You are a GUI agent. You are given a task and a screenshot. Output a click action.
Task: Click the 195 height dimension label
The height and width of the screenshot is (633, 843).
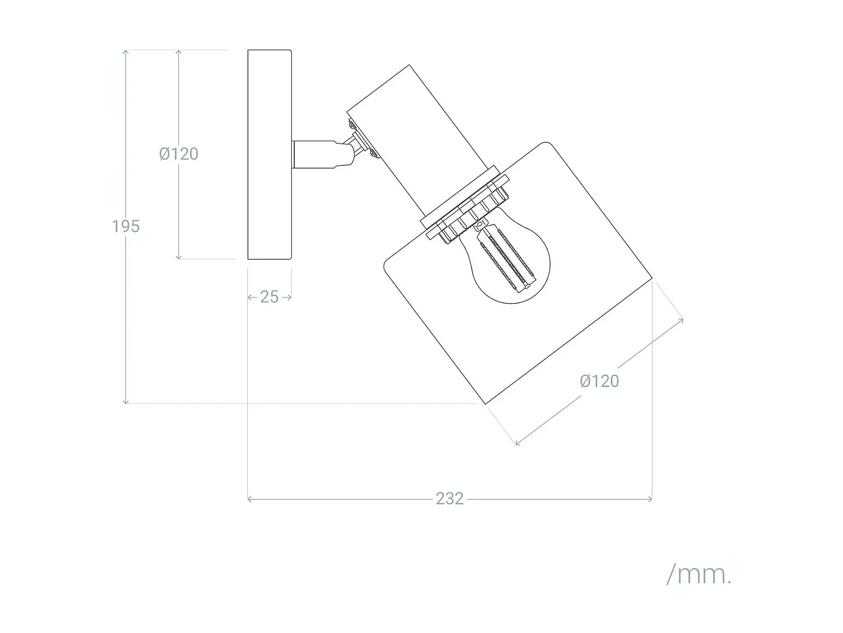pyautogui.click(x=126, y=226)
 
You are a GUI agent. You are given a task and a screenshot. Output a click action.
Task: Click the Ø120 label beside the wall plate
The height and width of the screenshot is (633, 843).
pyautogui.click(x=179, y=154)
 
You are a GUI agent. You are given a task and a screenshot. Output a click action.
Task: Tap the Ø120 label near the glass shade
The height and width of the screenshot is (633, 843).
pyautogui.click(x=599, y=381)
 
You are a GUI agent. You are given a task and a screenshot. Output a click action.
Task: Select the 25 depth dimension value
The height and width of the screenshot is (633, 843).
pyautogui.click(x=270, y=297)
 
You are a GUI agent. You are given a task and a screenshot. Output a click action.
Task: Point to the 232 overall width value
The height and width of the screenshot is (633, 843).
pyautogui.click(x=450, y=499)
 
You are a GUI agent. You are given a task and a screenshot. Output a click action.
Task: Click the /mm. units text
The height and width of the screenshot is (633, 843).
pyautogui.click(x=699, y=574)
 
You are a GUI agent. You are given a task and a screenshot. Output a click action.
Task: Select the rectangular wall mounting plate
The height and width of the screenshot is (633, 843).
pyautogui.click(x=270, y=155)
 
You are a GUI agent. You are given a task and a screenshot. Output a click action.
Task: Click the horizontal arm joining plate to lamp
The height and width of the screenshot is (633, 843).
pyautogui.click(x=318, y=154)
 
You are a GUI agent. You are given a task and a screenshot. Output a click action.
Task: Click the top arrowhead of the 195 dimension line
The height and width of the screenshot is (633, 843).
pyautogui.click(x=126, y=52)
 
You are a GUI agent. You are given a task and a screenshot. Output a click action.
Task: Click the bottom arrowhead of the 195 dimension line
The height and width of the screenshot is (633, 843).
pyautogui.click(x=126, y=401)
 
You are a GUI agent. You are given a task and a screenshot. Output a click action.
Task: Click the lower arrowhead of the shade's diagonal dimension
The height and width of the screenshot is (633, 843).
pyautogui.click(x=517, y=443)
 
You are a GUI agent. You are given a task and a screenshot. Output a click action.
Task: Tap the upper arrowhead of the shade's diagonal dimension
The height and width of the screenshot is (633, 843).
pyautogui.click(x=682, y=320)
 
